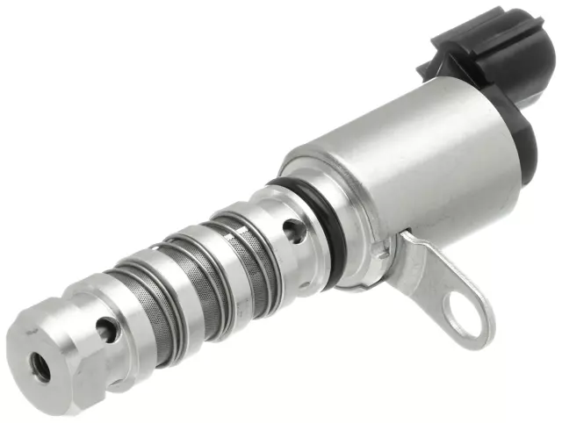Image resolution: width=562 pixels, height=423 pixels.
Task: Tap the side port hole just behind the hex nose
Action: [105, 331]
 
